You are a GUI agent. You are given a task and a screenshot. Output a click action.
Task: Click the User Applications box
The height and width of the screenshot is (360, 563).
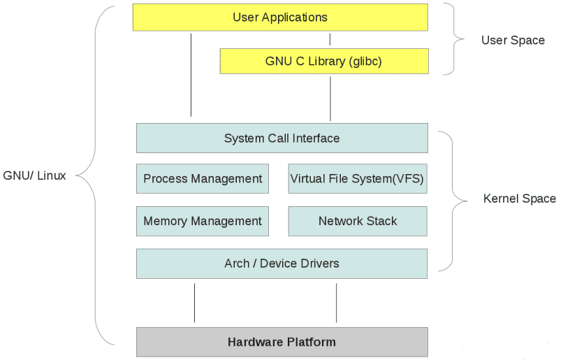click(x=279, y=17)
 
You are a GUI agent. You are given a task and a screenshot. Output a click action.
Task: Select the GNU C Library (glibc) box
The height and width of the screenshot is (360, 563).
click(x=323, y=62)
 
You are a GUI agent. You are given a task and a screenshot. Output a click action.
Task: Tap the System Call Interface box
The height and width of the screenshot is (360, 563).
click(x=281, y=138)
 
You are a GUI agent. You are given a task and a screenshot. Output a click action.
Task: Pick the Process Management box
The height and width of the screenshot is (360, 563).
click(x=203, y=179)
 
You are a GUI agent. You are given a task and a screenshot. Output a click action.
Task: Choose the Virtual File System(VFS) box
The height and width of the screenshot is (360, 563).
click(x=357, y=179)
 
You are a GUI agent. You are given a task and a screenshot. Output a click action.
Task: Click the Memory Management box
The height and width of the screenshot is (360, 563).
click(x=203, y=222)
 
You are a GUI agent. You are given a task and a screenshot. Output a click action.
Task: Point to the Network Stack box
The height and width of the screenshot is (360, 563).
click(x=357, y=222)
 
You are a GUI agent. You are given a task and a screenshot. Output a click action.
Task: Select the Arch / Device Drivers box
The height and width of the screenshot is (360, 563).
click(x=281, y=264)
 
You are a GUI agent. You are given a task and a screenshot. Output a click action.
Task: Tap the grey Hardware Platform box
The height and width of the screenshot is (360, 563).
click(x=281, y=342)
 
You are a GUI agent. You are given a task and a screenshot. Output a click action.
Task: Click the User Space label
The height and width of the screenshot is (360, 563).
click(x=513, y=41)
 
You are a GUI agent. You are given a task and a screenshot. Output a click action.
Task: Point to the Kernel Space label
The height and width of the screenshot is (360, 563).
click(x=520, y=199)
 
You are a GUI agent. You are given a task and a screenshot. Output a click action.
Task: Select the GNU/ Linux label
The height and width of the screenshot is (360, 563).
click(x=35, y=175)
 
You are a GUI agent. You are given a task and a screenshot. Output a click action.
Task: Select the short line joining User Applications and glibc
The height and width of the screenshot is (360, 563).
click(x=330, y=39)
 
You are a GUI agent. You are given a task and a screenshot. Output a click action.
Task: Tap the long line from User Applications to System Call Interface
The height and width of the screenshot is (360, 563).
click(x=191, y=73)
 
